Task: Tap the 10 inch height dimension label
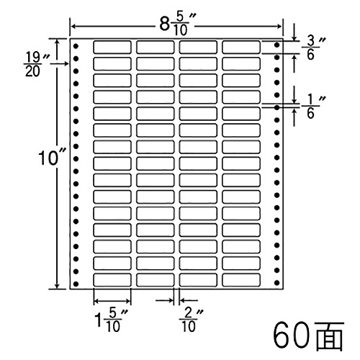52,158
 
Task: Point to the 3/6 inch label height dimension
313,48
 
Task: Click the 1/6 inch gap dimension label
313,107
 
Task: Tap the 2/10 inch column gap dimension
191,320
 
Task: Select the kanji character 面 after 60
328,336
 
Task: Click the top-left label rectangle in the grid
112,47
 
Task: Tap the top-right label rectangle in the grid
241,47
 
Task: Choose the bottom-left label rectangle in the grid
112,280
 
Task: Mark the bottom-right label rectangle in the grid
241,280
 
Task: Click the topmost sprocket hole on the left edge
76,46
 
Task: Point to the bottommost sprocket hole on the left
76,284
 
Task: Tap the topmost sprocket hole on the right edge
276,45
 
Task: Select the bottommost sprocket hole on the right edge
276,283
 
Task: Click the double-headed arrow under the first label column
112,301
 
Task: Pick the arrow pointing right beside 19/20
60,63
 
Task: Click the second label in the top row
156,47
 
